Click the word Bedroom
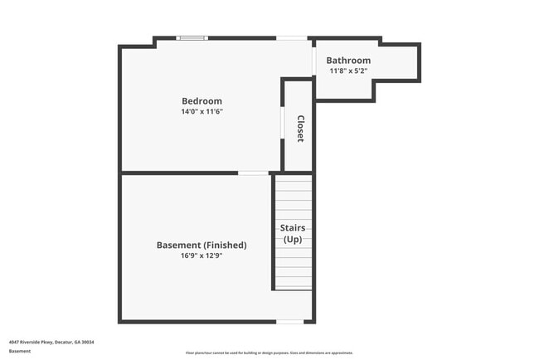202,101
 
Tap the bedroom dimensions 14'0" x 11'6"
202,111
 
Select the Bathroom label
348,61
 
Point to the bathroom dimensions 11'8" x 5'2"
348,71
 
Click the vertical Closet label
300,129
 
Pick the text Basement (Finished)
202,246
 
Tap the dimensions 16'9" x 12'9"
202,255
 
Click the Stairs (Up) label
293,233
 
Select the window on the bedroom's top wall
192,37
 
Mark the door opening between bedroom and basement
253,173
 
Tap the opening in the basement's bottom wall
289,322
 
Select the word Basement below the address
20,351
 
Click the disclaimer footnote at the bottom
269,353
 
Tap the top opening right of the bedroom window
290,37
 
